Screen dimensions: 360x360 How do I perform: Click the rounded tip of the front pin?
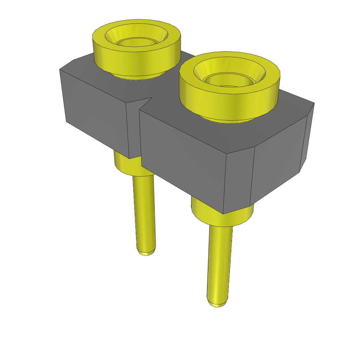click(x=218, y=303)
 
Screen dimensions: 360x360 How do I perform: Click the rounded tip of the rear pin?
click(x=146, y=252)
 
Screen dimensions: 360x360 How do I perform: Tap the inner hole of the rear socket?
click(x=136, y=42)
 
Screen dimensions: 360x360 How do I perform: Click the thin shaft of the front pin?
click(x=220, y=264)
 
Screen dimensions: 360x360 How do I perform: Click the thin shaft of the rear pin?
click(x=144, y=211)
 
